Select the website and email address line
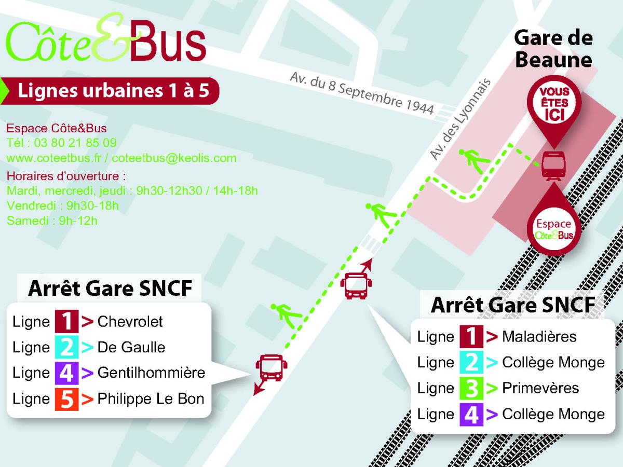[x=121, y=158]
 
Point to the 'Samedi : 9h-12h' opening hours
[x=52, y=221]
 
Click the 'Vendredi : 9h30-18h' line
[x=63, y=205]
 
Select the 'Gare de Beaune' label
[x=553, y=49]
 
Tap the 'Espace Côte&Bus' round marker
[x=554, y=228]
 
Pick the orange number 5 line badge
[x=66, y=399]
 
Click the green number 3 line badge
[x=471, y=388]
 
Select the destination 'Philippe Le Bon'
[x=151, y=399]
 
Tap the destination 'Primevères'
[x=540, y=388]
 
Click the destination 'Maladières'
[x=539, y=336]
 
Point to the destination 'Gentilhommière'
[x=151, y=373]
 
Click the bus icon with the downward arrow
[x=269, y=368]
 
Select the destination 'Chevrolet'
[x=130, y=321]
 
